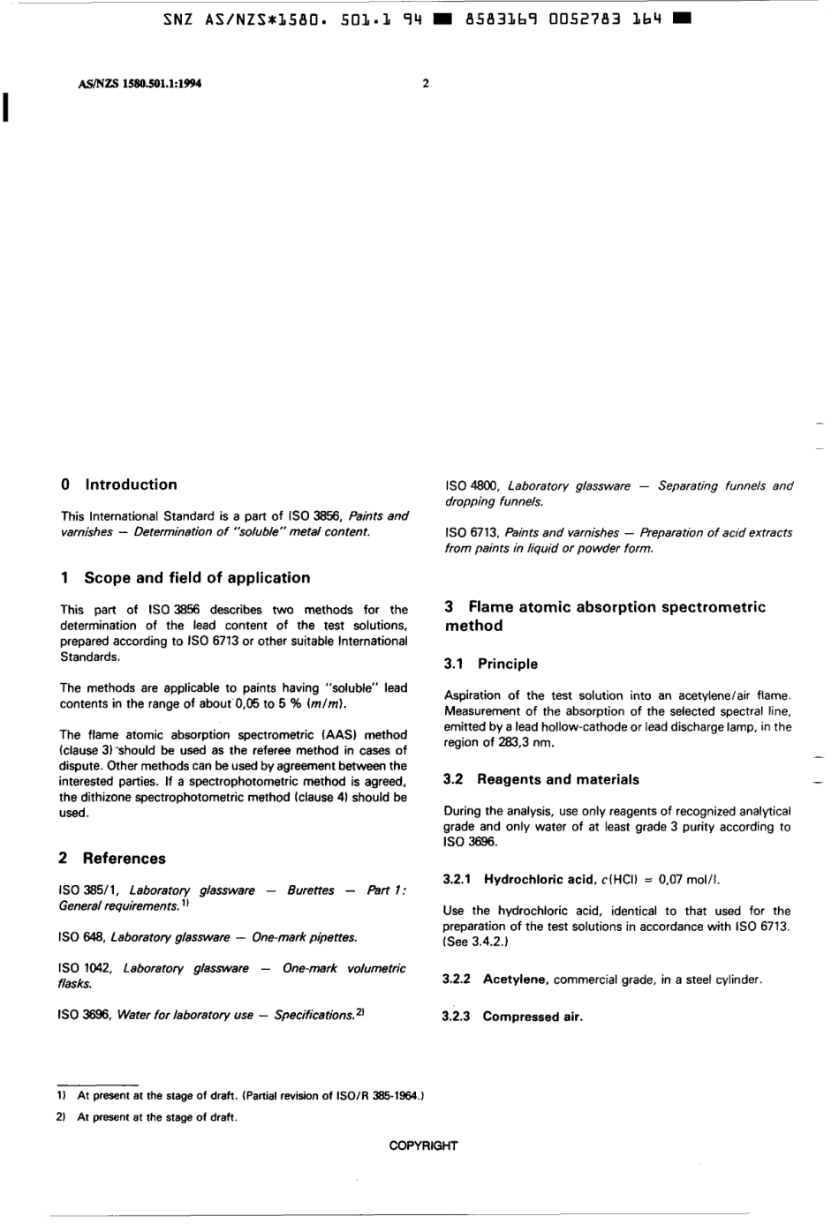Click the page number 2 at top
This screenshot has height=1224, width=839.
tap(426, 84)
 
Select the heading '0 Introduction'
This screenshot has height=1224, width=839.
tap(118, 484)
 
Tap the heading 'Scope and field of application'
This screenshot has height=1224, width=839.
tap(196, 578)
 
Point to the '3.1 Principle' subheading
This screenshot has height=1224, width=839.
tap(490, 664)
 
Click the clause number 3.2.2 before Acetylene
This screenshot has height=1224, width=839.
tap(456, 980)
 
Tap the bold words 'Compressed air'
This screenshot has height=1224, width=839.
tap(533, 1017)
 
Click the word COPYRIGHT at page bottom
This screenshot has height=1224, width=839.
tap(423, 1145)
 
